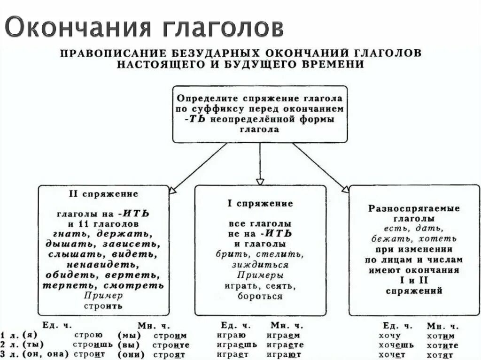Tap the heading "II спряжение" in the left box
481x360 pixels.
click(x=103, y=193)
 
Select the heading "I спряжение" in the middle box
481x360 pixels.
click(x=260, y=203)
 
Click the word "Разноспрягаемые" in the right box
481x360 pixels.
click(x=414, y=208)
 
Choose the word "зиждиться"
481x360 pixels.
click(x=260, y=265)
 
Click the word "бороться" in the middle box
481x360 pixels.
click(x=260, y=296)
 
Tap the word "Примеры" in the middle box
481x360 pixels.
click(x=260, y=275)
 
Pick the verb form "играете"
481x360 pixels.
click(x=283, y=345)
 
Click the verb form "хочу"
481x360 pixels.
click(x=389, y=335)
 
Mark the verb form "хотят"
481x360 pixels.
click(x=440, y=354)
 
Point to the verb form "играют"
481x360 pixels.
click(x=283, y=354)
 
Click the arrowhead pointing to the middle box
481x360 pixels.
click(x=260, y=181)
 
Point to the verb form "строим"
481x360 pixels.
click(x=170, y=335)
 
